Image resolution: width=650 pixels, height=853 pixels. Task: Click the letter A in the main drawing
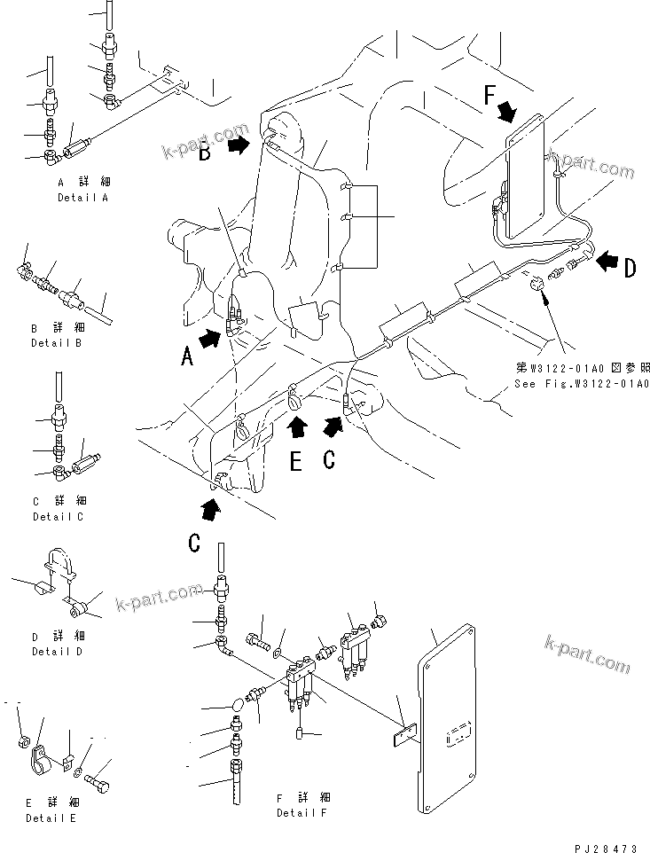pyautogui.click(x=187, y=357)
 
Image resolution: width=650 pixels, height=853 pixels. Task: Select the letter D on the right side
pyautogui.click(x=630, y=269)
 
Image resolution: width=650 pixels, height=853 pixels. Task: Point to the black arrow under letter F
pyautogui.click(x=507, y=112)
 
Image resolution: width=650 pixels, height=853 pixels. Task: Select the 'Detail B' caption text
pyautogui.click(x=57, y=341)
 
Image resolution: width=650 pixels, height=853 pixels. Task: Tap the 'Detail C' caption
pyautogui.click(x=58, y=516)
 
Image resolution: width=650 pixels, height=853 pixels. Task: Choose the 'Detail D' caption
pyautogui.click(x=58, y=652)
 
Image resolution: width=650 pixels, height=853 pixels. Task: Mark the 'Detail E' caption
pyautogui.click(x=50, y=818)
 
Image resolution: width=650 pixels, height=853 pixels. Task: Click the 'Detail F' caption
pyautogui.click(x=301, y=812)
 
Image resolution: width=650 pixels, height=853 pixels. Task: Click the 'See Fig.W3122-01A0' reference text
pyautogui.click(x=582, y=384)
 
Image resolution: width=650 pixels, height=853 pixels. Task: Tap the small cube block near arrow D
pyautogui.click(x=537, y=285)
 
